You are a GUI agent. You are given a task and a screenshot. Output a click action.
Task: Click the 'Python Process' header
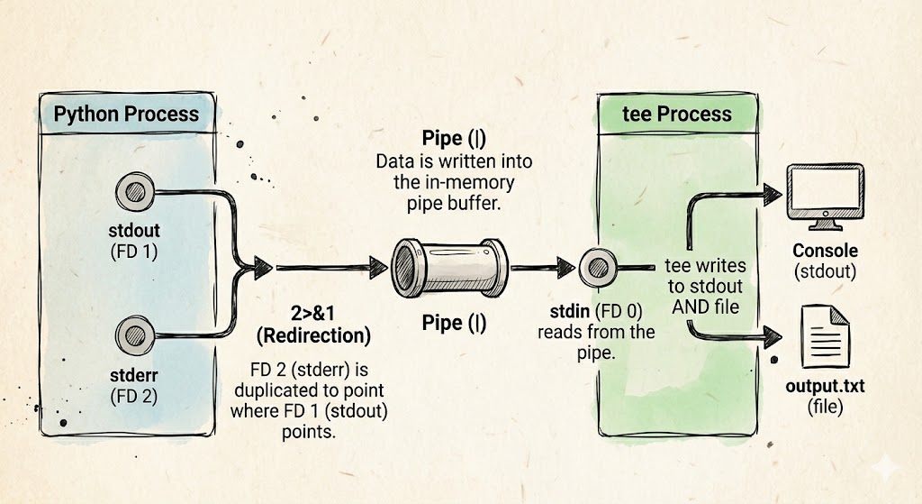[125, 115]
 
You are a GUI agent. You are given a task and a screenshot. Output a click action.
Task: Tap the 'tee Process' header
[678, 114]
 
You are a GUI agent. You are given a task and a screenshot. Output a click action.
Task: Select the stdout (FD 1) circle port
[137, 191]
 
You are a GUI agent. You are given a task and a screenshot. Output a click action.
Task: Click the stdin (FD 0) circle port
[595, 267]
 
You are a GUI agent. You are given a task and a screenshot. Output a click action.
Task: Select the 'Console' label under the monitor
[825, 250]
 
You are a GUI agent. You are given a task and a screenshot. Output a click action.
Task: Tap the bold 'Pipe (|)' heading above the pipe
[454, 140]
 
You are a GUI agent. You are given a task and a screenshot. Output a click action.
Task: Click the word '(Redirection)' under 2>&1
[312, 336]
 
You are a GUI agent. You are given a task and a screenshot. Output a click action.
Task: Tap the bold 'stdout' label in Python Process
[131, 231]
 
